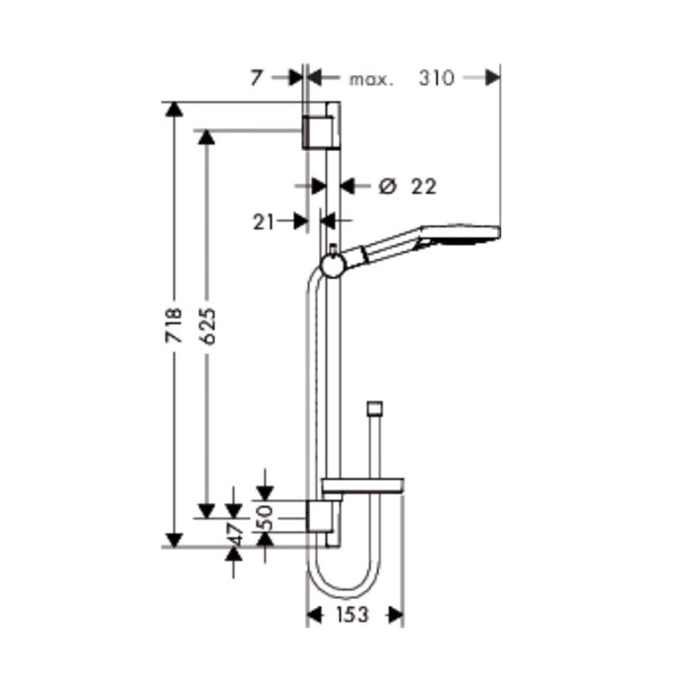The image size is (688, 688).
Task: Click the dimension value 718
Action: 175,327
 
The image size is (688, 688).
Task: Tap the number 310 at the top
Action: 437,78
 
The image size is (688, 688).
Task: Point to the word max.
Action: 371,79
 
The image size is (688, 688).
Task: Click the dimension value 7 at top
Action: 255,78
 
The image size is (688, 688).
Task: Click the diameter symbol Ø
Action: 386,185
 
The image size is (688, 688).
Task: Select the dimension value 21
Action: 263,221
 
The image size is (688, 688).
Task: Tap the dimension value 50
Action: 266,515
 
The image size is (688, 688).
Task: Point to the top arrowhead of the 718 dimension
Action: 175,109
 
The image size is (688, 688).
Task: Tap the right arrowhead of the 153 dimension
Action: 396,614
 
